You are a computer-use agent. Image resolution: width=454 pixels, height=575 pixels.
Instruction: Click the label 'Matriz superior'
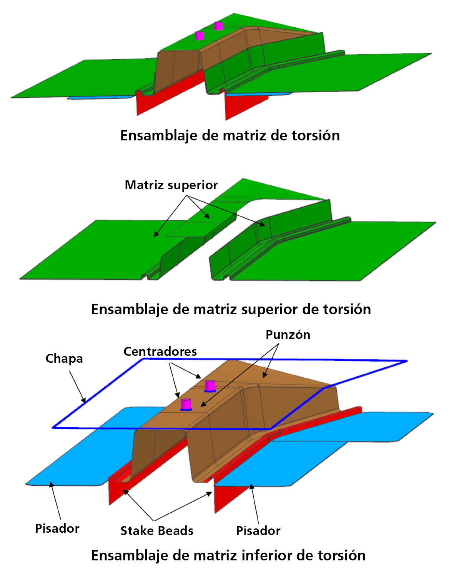coord(171,185)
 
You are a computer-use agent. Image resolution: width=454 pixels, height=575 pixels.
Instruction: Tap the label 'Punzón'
coord(288,335)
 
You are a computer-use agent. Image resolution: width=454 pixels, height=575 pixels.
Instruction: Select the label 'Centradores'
coord(160,352)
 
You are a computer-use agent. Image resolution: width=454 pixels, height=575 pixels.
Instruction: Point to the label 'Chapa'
coord(64,359)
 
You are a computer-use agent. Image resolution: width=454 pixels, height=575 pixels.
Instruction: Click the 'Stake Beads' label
coord(157,531)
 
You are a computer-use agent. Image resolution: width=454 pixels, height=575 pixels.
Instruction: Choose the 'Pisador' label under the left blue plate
coord(57,528)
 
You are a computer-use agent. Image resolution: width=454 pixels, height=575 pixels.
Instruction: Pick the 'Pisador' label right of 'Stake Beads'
coord(258,531)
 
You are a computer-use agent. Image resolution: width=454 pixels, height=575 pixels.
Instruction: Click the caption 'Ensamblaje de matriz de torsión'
coord(230,135)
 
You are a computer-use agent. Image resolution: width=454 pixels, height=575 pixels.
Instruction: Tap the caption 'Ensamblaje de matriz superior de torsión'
coord(231,309)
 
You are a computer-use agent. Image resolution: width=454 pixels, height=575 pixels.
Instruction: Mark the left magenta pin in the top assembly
coord(200,36)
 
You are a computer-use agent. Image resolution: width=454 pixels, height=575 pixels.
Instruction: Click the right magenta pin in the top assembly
coord(218,26)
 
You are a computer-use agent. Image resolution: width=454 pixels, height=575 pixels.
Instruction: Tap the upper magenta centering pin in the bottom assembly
coord(210,386)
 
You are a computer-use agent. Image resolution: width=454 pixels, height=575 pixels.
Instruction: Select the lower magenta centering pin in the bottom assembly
coord(186,405)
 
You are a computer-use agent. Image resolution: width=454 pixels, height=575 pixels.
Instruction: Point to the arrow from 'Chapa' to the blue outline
coord(77,387)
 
